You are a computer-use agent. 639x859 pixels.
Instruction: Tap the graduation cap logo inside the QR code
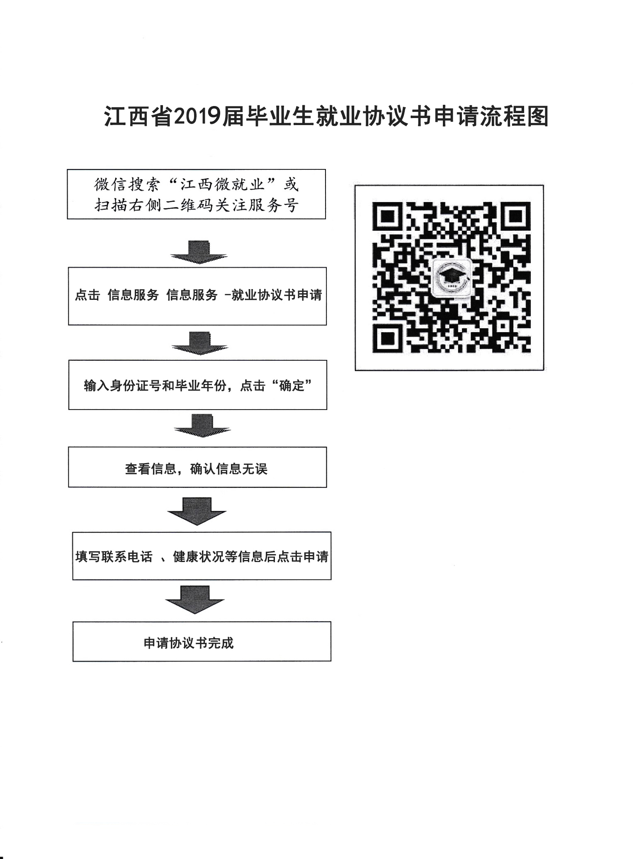451,277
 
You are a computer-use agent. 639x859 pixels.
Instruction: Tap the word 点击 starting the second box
87,295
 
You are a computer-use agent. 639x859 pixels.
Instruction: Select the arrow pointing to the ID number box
199,343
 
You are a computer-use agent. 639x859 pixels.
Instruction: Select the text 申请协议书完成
189,643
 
